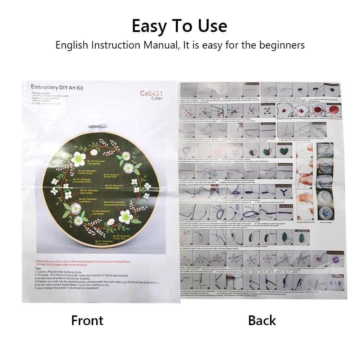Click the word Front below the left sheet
tap(87, 320)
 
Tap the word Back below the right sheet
tap(262, 320)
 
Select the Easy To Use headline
tap(179, 26)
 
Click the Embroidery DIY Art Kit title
tap(57, 87)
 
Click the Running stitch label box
tap(252, 84)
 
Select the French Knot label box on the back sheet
tap(268, 104)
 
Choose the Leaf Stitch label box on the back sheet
tap(302, 231)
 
